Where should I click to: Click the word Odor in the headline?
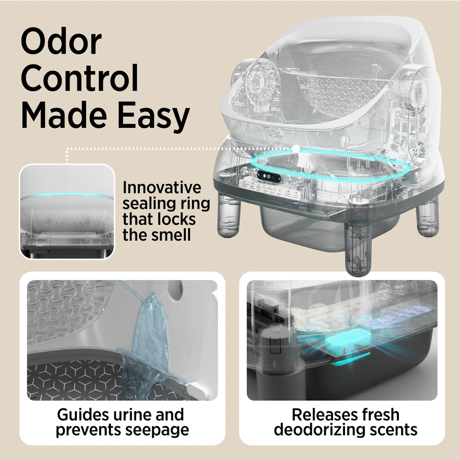[61, 41]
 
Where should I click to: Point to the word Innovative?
[161, 188]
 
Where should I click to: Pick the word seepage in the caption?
[157, 431]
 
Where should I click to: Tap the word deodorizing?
[320, 430]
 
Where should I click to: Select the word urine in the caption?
[132, 414]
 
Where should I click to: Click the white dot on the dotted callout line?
[296, 149]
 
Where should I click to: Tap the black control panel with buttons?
[269, 177]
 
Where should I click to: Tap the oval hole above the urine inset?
[175, 291]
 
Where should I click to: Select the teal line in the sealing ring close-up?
[67, 195]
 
